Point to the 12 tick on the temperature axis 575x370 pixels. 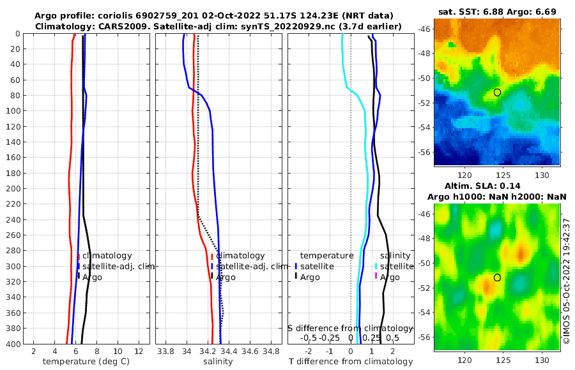(139, 352)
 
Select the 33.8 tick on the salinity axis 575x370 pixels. (165, 352)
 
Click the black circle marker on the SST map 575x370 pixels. (497, 93)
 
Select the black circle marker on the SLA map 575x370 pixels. (497, 277)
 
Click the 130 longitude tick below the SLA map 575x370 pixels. (542, 360)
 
